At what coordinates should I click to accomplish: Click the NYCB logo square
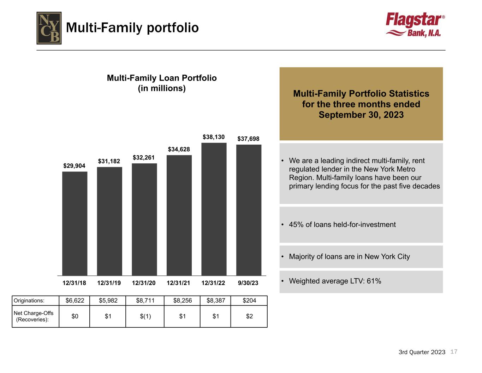click(49, 28)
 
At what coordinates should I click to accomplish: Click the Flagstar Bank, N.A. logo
click(415, 25)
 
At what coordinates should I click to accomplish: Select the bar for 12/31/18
click(75, 223)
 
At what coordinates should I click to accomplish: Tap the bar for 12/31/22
click(214, 209)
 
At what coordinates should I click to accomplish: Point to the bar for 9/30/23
click(249, 210)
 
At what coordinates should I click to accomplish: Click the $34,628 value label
click(179, 149)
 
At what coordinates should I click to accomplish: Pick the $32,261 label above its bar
click(143, 157)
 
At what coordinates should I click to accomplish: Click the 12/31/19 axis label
click(109, 283)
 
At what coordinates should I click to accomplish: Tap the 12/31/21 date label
click(178, 283)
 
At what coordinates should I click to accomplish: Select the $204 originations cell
click(249, 301)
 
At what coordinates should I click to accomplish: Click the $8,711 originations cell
click(145, 301)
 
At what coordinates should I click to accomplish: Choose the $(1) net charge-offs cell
click(145, 316)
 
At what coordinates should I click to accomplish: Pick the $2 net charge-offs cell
click(249, 316)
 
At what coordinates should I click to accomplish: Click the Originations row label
click(29, 301)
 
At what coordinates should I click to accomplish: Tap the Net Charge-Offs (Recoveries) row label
click(34, 316)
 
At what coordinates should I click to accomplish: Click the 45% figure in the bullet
click(296, 225)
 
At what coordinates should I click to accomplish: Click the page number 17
click(454, 351)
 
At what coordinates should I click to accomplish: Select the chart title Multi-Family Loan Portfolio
click(162, 78)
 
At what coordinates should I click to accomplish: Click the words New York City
click(387, 256)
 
